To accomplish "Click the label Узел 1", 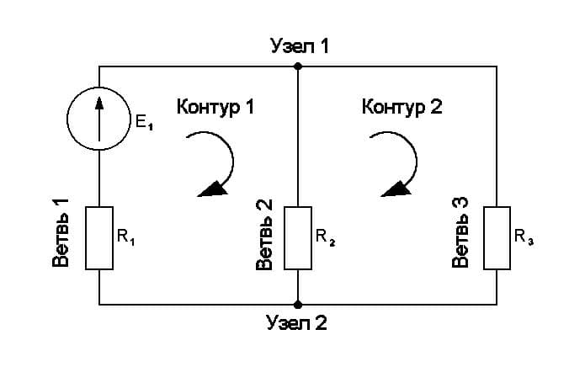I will click(x=299, y=45).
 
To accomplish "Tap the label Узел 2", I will click(x=295, y=322).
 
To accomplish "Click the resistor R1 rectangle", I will click(x=99, y=237).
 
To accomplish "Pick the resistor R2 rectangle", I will click(x=297, y=237).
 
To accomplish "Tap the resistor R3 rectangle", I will click(x=496, y=237).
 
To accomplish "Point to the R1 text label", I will click(x=126, y=237).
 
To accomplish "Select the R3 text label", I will click(x=524, y=237).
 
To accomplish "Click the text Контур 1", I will click(x=215, y=108).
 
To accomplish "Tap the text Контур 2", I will click(x=401, y=108).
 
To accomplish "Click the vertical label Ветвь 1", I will click(x=61, y=233).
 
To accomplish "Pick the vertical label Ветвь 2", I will click(x=263, y=235).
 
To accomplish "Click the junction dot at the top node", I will click(x=297, y=66).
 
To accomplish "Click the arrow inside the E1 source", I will click(x=99, y=114).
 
